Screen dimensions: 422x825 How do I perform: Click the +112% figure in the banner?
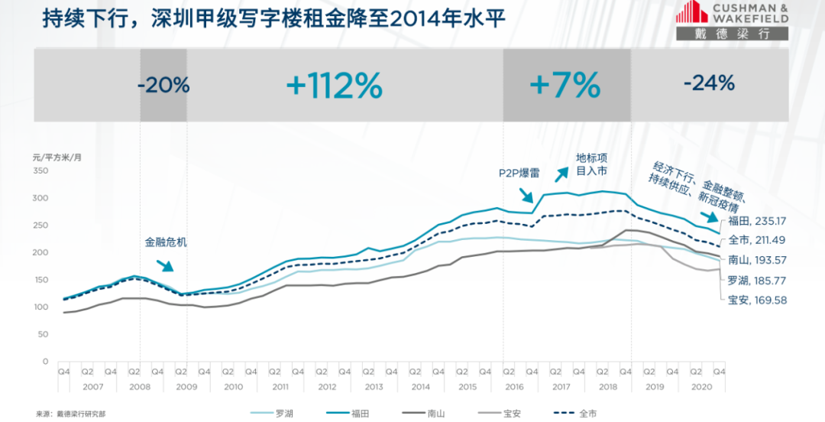tap(334, 86)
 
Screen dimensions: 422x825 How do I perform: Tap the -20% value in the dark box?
tap(163, 85)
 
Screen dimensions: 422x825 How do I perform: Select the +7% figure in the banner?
tap(565, 86)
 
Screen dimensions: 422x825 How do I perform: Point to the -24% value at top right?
tap(709, 83)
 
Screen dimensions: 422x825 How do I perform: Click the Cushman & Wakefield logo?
tap(733, 21)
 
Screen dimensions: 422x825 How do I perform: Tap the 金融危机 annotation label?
tap(166, 242)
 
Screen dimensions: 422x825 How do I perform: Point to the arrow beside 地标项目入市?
tap(561, 172)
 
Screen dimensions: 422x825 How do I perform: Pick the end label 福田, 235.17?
tap(759, 221)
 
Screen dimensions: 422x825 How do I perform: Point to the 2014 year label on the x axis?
tap(420, 387)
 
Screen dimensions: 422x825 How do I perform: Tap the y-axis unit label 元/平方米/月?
tap(57, 157)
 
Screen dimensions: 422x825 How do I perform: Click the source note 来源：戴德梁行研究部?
tap(70, 414)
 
